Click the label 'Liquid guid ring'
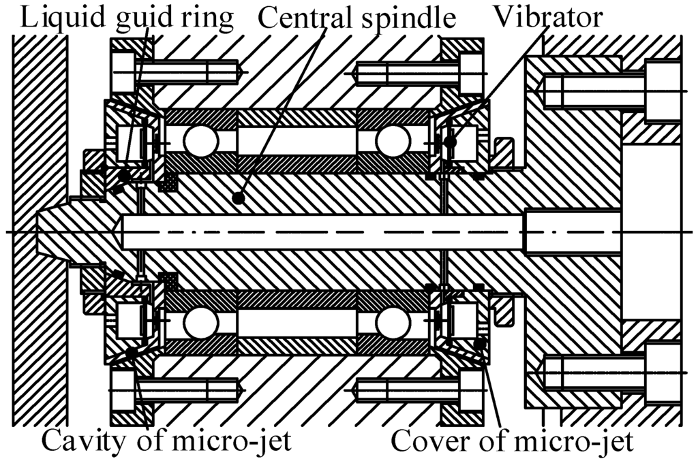pos(126,17)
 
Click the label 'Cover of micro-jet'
pos(512,441)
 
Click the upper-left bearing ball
pos(200,142)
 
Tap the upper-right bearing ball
pos(393,142)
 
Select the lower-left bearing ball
pos(200,323)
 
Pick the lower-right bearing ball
pos(393,323)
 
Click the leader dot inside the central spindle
pos(238,198)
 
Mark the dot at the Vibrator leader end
pos(450,142)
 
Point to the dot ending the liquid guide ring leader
pos(124,176)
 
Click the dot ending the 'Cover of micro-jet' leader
pos(481,343)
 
